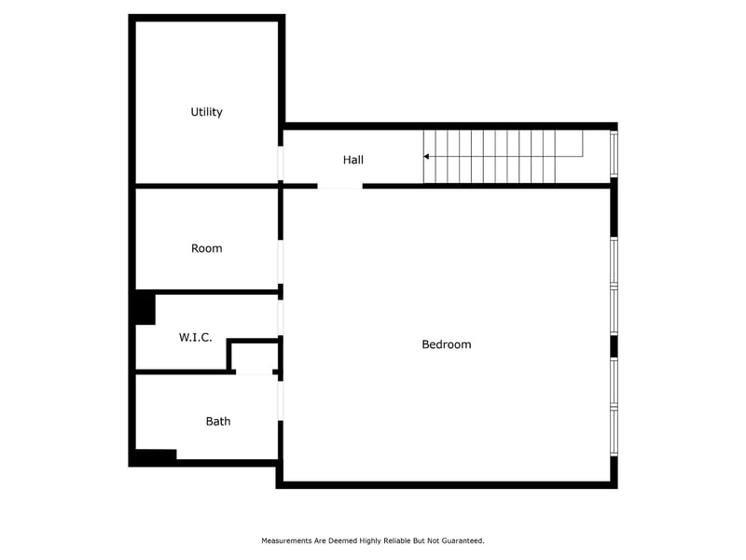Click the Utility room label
206,112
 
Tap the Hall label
352,161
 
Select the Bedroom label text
447,344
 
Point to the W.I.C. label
196,337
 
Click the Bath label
218,422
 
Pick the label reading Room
206,248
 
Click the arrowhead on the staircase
427,157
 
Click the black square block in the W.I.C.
144,309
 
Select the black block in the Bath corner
155,456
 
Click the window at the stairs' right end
614,154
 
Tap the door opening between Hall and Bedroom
339,187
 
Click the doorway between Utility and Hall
281,163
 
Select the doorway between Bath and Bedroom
281,398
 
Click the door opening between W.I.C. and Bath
253,372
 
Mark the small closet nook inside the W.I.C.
255,357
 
